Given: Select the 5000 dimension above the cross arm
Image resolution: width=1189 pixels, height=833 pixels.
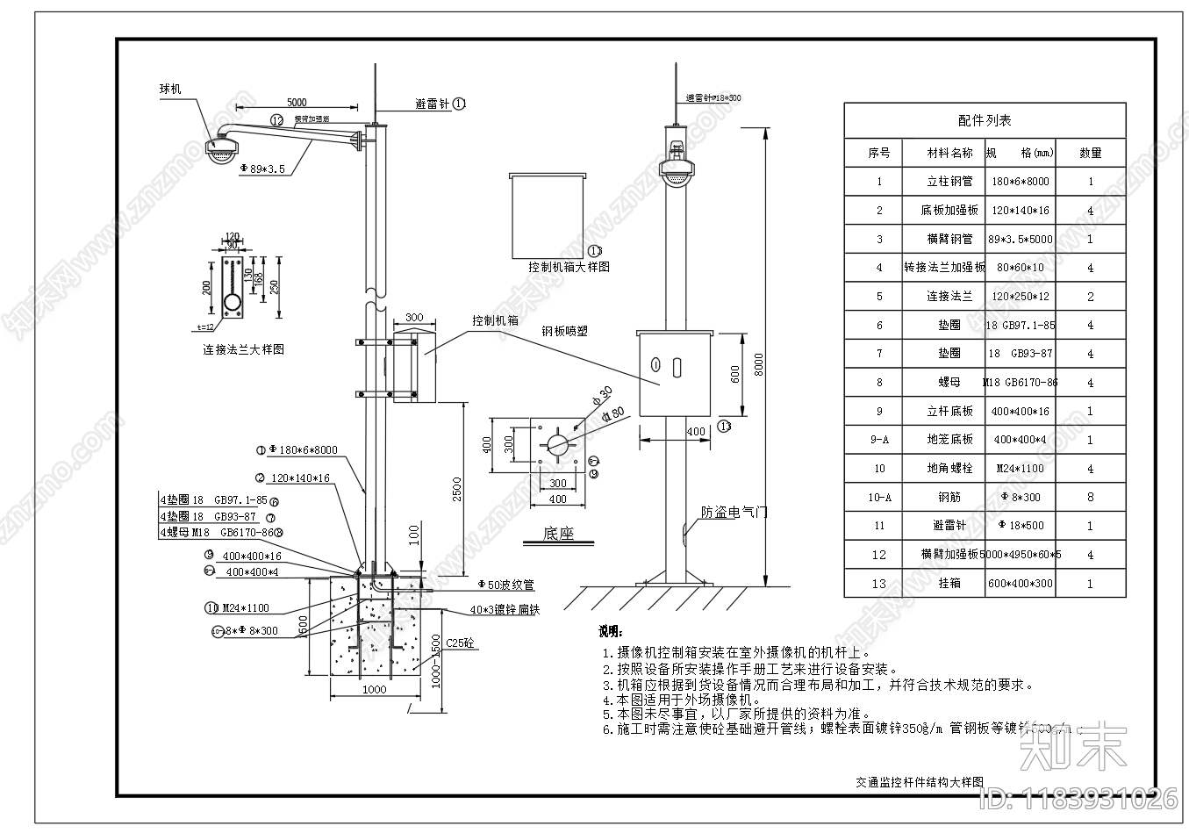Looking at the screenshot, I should [x=297, y=103].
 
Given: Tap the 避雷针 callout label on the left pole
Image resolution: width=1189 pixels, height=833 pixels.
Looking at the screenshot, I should [x=432, y=104].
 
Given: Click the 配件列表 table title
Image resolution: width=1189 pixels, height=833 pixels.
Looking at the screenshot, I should [x=984, y=120].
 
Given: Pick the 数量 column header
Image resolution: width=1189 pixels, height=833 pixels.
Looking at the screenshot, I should [x=1090, y=153].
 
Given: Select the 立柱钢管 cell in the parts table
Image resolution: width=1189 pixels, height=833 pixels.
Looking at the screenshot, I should [x=949, y=182].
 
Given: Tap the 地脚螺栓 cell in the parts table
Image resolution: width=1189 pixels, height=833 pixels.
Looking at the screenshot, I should [x=949, y=469].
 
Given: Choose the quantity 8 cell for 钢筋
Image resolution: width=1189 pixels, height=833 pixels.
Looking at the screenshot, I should [x=1091, y=497].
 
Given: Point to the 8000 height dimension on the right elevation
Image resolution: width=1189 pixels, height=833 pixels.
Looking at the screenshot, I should [x=759, y=363].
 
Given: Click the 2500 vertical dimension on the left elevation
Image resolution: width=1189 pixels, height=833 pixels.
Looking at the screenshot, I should [x=456, y=488].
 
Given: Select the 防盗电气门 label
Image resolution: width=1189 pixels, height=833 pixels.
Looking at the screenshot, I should [x=734, y=512].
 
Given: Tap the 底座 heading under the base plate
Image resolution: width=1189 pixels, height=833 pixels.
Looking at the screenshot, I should [x=558, y=534].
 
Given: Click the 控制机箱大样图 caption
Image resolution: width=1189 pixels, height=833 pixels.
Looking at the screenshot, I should [x=569, y=267].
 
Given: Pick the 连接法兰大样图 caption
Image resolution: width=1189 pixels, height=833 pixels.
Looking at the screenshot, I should [x=243, y=349].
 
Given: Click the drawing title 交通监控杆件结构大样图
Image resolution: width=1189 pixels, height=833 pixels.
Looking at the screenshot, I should [x=920, y=781].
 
